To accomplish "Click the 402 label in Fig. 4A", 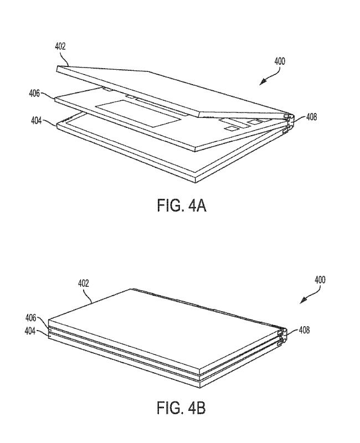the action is pos(60,47).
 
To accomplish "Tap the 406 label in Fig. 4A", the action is pos(34,93).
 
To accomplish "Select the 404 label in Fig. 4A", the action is pos(37,121).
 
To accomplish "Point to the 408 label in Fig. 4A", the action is pos(311,117).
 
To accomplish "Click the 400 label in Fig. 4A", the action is pos(280,61).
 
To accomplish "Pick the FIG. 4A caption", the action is pos(182,205).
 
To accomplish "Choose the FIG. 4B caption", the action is pos(181,408).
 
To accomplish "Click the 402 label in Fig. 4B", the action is pos(84,284).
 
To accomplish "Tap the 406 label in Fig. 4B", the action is pos(31,318).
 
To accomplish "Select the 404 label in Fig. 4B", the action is pos(30,331).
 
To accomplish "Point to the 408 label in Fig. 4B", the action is pos(304,330).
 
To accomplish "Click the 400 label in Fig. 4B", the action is pos(320,280).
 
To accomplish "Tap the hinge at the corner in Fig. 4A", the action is pos(289,122).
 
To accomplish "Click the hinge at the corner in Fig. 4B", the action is pos(282,337).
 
